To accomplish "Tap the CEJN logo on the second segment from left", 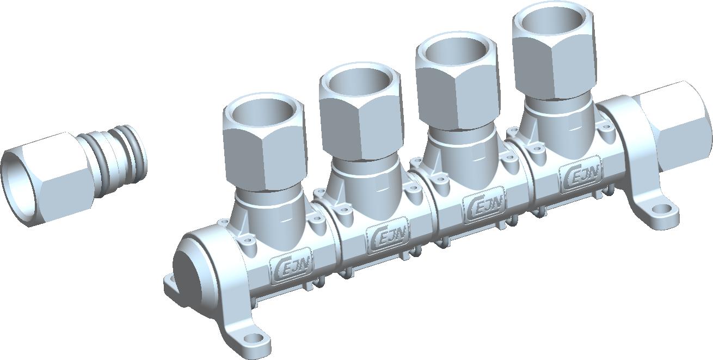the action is (388, 235).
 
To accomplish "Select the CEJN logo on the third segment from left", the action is (484, 205).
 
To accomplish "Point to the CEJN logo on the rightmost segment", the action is (581, 175).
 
